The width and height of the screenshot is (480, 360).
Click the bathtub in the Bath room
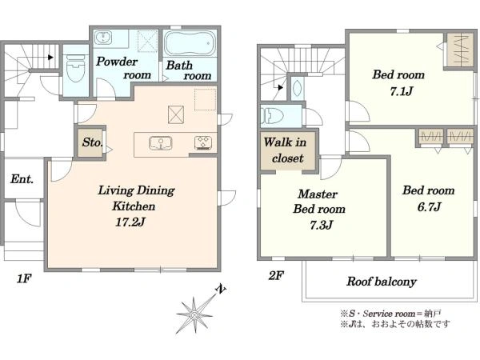click(190, 43)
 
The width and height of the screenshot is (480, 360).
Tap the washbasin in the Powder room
click(103, 38)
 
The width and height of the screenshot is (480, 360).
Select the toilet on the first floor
click(75, 69)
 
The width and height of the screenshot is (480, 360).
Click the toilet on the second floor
click(272, 116)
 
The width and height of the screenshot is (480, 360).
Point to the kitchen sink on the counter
click(161, 143)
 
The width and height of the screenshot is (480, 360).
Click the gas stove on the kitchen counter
click(203, 143)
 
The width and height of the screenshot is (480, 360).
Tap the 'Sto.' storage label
click(93, 142)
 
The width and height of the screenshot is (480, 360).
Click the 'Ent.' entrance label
click(22, 178)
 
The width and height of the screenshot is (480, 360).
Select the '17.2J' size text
click(130, 222)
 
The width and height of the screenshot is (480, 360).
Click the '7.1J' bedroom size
click(402, 91)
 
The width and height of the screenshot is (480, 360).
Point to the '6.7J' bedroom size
click(429, 206)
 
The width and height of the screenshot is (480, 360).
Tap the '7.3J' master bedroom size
click(321, 225)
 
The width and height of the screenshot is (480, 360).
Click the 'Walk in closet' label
click(285, 150)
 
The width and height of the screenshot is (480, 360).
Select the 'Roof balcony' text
click(382, 282)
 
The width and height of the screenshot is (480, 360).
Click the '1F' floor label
click(24, 278)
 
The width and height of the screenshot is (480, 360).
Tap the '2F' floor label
click(276, 276)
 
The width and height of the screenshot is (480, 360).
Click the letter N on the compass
click(221, 289)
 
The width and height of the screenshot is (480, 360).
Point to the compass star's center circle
click(194, 314)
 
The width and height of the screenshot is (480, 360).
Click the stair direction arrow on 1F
click(51, 58)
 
